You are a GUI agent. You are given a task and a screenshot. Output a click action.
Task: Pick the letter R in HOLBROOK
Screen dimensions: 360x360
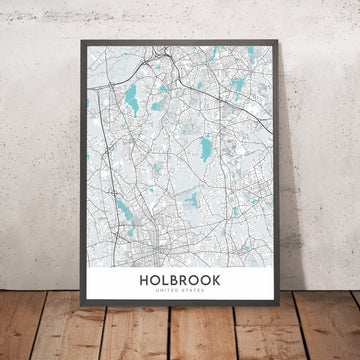[x=187, y=282]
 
